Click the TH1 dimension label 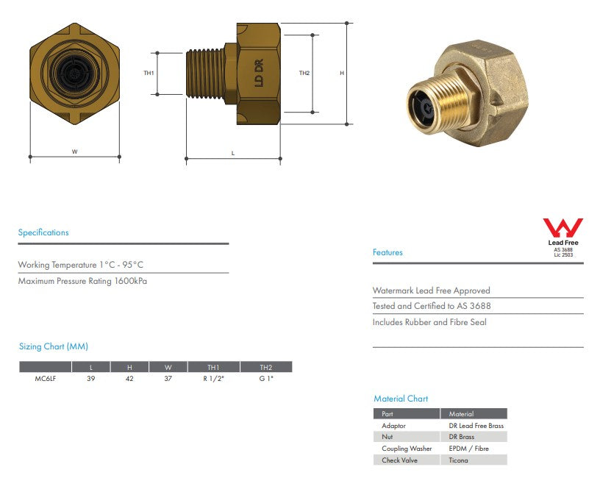[x=149, y=73]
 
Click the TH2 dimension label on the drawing [x=304, y=73]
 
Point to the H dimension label [x=342, y=73]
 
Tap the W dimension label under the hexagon [x=74, y=152]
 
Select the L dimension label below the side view [x=233, y=153]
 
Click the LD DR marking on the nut [x=259, y=73]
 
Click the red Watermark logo [x=563, y=228]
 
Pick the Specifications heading [x=43, y=232]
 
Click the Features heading [x=387, y=252]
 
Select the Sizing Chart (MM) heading [x=54, y=346]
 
